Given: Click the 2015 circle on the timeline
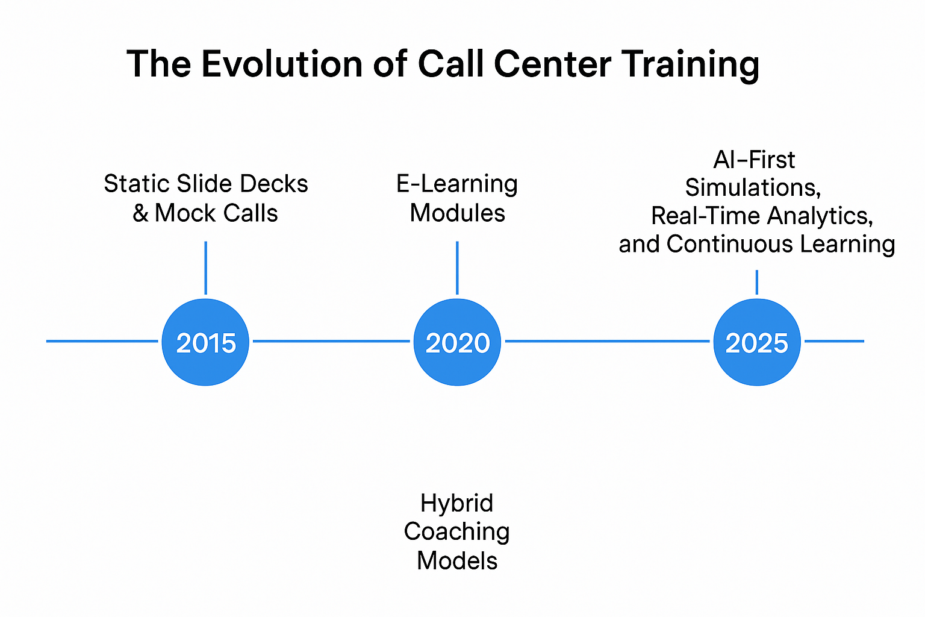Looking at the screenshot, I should [x=205, y=342].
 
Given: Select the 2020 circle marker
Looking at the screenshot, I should [x=457, y=342].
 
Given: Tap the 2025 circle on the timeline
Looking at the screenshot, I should [x=756, y=342].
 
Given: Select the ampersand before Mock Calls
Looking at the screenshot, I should [x=140, y=213].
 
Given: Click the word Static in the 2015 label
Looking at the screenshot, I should [x=128, y=184].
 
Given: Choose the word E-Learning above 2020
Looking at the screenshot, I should [x=457, y=184].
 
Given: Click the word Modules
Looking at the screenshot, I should [x=457, y=213].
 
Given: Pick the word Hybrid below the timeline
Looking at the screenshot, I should [x=456, y=504].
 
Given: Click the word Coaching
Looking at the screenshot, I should [x=456, y=532].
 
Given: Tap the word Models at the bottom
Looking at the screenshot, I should [x=457, y=561].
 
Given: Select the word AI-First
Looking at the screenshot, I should [x=754, y=160].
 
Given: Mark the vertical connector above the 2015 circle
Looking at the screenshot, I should [x=206, y=268].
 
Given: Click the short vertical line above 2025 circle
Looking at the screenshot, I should [x=756, y=282].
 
